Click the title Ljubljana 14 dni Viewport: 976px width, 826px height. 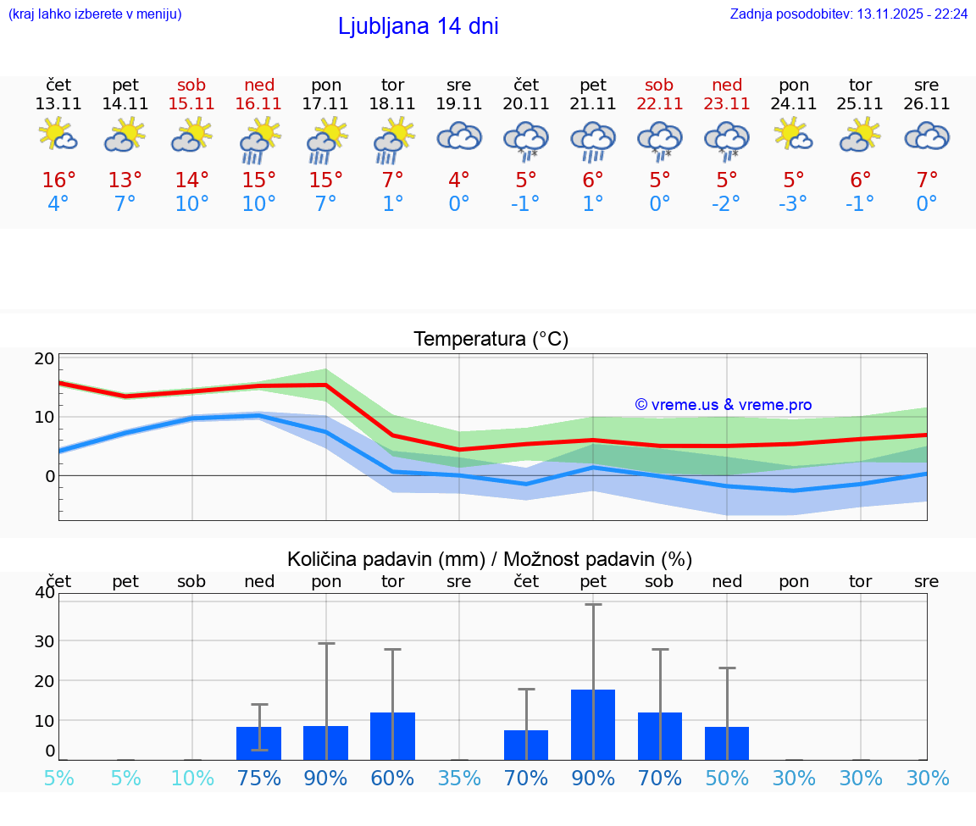point(418,26)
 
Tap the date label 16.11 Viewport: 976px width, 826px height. point(259,104)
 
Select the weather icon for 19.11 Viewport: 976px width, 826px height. point(459,138)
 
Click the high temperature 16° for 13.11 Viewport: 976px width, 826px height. point(58,180)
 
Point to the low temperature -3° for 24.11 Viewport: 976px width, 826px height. point(794,204)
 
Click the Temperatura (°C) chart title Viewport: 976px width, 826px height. point(491,340)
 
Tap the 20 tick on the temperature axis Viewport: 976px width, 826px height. point(44,358)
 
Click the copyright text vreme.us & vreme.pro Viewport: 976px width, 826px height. point(723,405)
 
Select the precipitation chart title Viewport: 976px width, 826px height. point(490,559)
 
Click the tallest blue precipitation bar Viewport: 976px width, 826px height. point(593,724)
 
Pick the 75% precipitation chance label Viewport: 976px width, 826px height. point(259,778)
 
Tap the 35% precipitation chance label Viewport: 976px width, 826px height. point(459,778)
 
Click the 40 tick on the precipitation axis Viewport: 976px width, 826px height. point(44,592)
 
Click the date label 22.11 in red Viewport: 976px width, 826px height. point(660,104)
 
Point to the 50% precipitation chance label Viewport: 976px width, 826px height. point(727,778)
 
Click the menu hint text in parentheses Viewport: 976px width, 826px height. point(95,14)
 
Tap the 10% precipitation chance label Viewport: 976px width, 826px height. point(192,778)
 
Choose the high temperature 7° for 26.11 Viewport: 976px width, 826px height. point(927,180)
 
